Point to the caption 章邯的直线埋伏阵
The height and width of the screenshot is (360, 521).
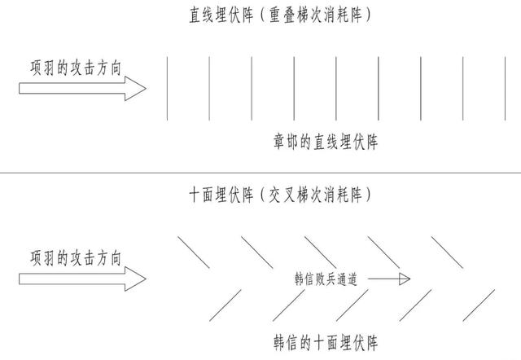coord(325,143)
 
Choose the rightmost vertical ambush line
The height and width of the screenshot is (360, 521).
coord(506,88)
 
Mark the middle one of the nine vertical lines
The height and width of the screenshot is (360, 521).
coord(336,88)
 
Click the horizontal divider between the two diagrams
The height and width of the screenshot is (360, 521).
coord(260,173)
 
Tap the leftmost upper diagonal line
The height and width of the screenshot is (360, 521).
coord(193,252)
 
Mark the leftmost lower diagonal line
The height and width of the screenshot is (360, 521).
coord(225,305)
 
